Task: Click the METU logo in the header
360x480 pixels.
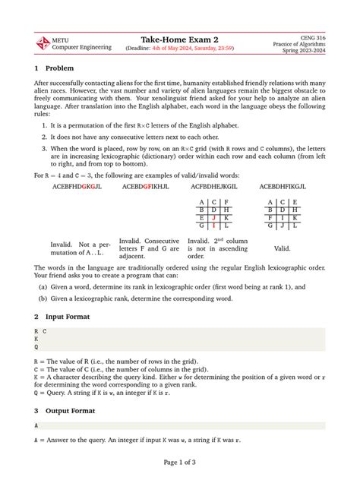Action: coord(43,43)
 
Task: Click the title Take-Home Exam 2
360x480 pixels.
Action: coord(179,39)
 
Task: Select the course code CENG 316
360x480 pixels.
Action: coord(311,36)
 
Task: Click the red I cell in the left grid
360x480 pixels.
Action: coord(214,226)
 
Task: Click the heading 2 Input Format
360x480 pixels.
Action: coord(72,315)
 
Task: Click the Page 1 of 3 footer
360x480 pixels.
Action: coord(179,461)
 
